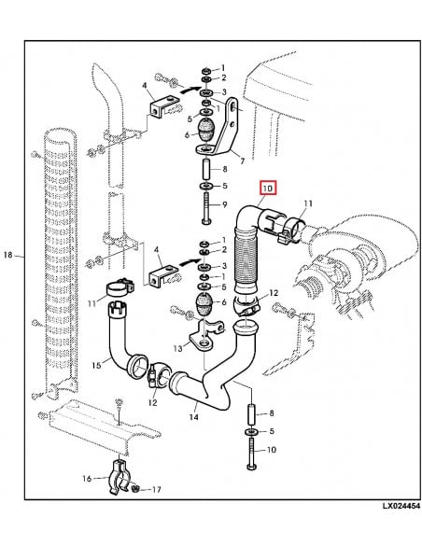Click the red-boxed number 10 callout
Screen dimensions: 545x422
(268, 189)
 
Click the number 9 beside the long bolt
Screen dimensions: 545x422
(223, 206)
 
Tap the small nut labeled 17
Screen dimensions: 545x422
(137, 488)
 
